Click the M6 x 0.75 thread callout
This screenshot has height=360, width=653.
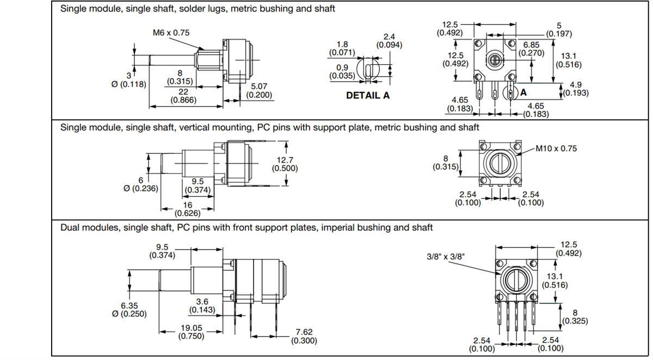pos(171,33)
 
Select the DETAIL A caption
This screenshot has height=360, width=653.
pos(368,95)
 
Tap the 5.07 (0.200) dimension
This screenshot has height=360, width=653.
pos(259,91)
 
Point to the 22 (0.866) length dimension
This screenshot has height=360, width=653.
pos(183,96)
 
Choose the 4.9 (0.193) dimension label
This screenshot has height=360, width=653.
pos(575,89)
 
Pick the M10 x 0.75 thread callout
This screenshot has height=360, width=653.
pos(556,148)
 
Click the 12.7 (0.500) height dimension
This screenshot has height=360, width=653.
pos(285,164)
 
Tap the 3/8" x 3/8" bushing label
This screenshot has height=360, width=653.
pos(446,256)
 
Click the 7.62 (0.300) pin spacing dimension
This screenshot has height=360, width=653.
pos(304,336)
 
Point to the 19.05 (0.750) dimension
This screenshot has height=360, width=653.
pos(191,332)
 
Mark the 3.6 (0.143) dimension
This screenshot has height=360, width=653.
pos(202,306)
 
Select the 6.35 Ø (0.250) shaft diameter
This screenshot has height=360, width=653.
pos(133,309)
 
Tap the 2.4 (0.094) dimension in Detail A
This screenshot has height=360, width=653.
pos(389,41)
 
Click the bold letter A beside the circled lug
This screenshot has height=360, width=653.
pos(523,93)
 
